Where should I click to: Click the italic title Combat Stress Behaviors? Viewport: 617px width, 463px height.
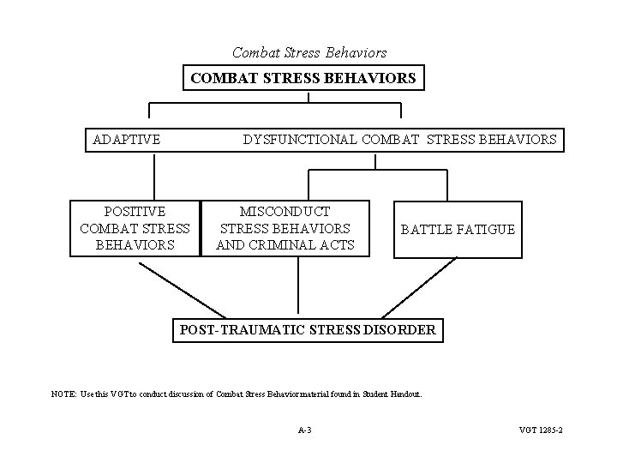click(x=309, y=53)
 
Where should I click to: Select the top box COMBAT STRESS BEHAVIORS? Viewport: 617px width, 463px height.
click(x=303, y=79)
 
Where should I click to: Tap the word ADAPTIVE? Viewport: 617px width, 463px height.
click(x=127, y=139)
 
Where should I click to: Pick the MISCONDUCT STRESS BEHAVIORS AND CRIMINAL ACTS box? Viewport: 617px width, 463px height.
click(x=285, y=228)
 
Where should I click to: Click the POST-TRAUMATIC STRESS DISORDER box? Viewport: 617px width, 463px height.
click(x=308, y=329)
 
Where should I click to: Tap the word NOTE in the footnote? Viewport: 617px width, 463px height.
click(x=63, y=394)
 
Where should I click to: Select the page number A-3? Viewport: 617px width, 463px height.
click(x=305, y=429)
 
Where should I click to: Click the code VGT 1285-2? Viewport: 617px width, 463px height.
click(x=541, y=429)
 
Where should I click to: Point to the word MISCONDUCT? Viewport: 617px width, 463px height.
click(x=285, y=211)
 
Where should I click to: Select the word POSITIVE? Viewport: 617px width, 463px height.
click(x=135, y=211)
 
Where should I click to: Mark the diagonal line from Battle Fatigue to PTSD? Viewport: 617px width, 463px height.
click(x=421, y=287)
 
